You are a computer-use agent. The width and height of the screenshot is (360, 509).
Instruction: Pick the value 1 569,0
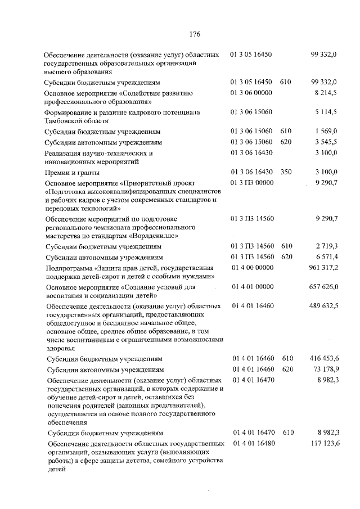click(326, 132)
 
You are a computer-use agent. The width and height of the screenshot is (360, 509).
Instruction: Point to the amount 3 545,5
click(326, 142)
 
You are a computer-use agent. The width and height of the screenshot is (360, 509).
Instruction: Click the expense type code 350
click(286, 172)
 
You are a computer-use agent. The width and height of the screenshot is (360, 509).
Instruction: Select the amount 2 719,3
click(326, 246)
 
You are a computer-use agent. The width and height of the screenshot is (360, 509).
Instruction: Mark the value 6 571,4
click(326, 256)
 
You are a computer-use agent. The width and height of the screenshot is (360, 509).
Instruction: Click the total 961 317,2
click(323, 267)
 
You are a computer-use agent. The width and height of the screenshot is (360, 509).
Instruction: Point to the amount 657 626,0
click(323, 287)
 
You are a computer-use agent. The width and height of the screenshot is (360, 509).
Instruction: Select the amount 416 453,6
click(323, 358)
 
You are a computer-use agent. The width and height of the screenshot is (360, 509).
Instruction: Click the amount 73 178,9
click(325, 369)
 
